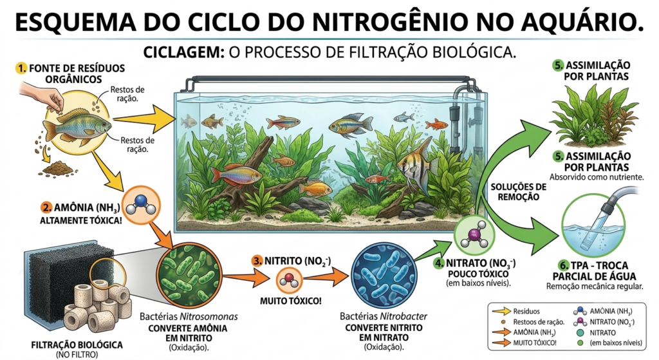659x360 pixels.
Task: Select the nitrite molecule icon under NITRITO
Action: point(290,280)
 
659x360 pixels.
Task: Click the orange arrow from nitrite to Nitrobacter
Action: point(326,278)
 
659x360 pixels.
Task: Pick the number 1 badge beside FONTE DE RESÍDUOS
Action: point(21,68)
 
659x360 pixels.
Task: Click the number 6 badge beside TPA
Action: point(563,265)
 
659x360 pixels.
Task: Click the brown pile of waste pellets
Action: point(59,168)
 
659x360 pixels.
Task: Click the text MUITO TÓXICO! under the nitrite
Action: point(290,301)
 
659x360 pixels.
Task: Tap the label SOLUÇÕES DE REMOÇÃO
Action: point(518,192)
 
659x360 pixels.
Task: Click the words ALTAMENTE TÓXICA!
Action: point(80,220)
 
